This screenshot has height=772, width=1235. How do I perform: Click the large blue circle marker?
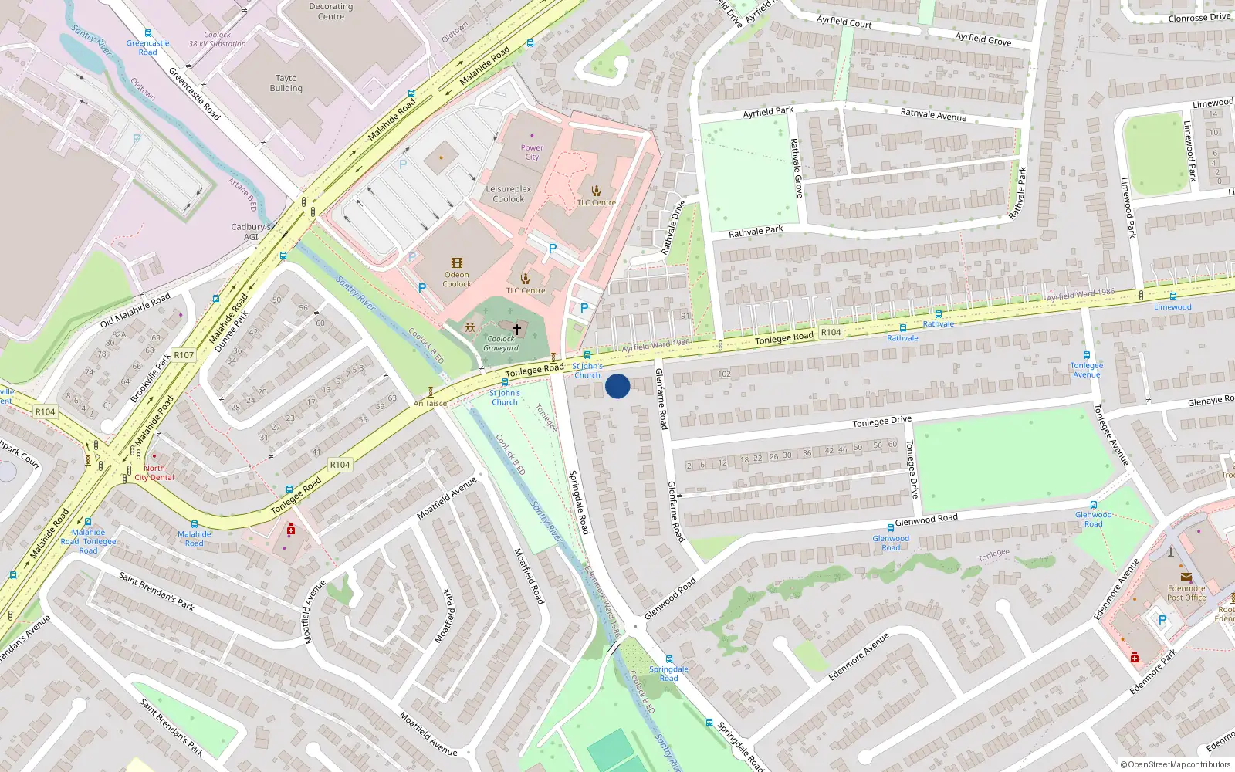617,386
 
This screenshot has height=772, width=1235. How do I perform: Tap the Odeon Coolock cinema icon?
457,263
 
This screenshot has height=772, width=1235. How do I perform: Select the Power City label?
532,152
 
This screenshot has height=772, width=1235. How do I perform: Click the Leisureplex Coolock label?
509,194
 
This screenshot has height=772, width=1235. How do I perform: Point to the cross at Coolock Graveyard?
517,329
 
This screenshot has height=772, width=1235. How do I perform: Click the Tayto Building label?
286,83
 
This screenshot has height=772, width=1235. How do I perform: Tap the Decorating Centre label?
331,12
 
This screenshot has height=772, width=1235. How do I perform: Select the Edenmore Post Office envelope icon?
1186,577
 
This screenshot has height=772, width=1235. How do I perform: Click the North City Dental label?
154,472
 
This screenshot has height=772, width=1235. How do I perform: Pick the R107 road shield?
184,355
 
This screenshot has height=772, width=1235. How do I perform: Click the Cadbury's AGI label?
251,232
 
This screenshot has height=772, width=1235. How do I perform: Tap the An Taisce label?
430,403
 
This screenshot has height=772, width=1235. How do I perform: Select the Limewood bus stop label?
1172,307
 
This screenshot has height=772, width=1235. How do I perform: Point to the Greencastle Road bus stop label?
147,48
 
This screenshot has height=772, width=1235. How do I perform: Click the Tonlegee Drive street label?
881,422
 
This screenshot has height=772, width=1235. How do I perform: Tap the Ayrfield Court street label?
844,22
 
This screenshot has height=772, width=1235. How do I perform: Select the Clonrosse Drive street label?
1199,17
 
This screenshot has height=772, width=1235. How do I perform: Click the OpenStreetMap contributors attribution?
1176,765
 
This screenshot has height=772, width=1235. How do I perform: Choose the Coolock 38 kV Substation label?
218,39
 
